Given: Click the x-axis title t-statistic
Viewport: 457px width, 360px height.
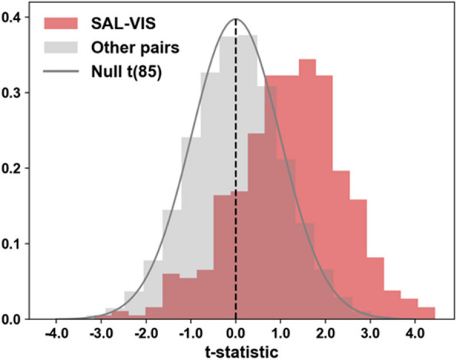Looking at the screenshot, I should coord(235,350).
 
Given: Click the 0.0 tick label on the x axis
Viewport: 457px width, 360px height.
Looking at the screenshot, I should coord(236,334).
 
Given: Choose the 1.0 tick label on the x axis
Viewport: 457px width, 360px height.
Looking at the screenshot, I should coord(281,334).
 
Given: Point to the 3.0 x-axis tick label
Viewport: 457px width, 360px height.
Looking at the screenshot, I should coord(372,334).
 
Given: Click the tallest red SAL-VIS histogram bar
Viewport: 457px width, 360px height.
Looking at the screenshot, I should coord(307,192).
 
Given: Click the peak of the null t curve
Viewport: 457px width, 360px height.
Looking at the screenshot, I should coord(235,19).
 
